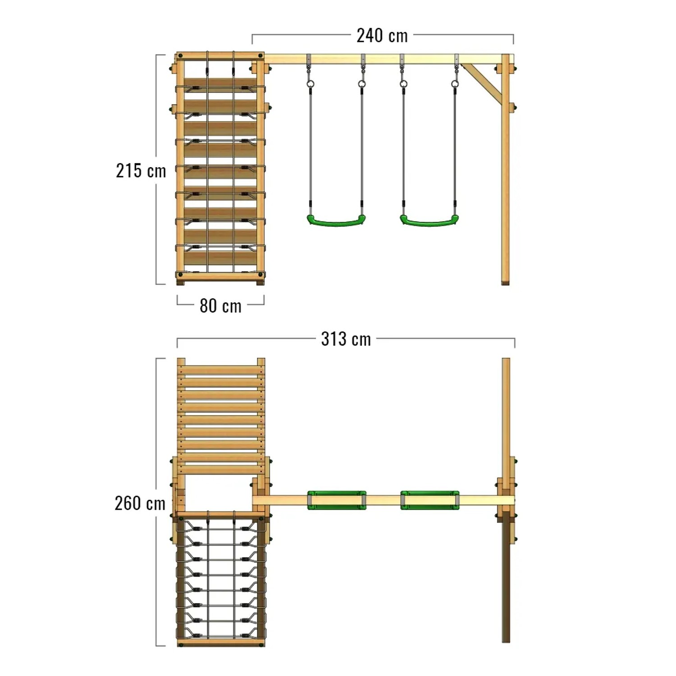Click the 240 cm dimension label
(x=382, y=36)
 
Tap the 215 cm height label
(x=141, y=171)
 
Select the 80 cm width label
(x=220, y=306)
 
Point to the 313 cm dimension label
(x=346, y=339)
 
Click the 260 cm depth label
(x=140, y=503)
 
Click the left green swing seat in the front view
(x=336, y=220)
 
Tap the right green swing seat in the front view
(x=429, y=220)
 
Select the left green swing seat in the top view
(x=337, y=500)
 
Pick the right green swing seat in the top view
(x=430, y=500)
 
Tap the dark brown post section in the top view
(x=506, y=581)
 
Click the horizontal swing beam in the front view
(x=383, y=59)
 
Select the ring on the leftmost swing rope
(x=310, y=84)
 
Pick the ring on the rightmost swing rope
(x=455, y=84)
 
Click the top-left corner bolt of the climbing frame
(x=181, y=56)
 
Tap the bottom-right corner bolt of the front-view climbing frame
(x=260, y=274)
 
